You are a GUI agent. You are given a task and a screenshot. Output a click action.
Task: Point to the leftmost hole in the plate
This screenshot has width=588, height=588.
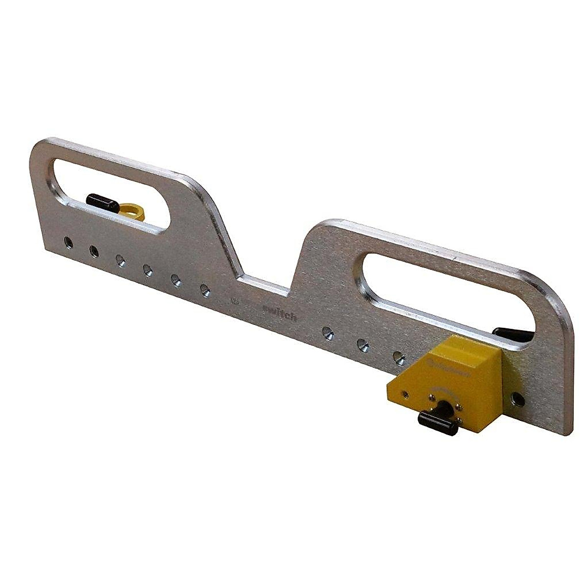pyautogui.click(x=68, y=242)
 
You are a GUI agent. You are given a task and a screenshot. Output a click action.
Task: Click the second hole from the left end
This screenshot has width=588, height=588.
pyautogui.click(x=94, y=251)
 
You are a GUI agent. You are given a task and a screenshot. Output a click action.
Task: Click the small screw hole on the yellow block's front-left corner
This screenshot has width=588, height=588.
pyautogui.click(x=404, y=393)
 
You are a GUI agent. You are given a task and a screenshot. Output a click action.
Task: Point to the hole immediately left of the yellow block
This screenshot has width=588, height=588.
pyautogui.click(x=399, y=358)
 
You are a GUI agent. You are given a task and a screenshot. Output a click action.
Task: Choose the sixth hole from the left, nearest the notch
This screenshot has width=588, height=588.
pyautogui.click(x=205, y=291)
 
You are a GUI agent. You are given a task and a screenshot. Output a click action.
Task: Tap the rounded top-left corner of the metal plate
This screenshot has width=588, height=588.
pyautogui.click(x=42, y=147)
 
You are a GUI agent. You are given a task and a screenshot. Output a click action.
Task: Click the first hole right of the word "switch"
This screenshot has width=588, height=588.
pyautogui.click(x=328, y=333)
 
